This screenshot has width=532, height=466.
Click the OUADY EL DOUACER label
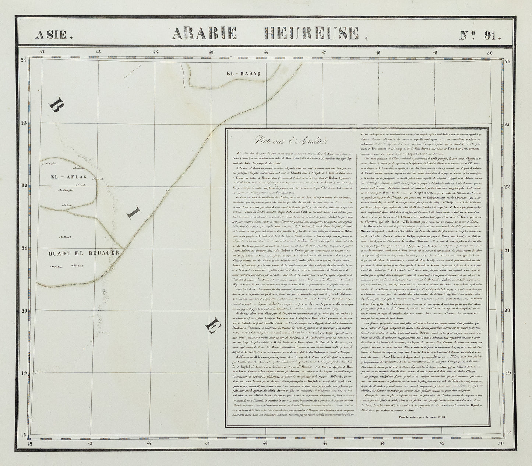84,253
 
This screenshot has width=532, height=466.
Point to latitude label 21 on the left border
24,248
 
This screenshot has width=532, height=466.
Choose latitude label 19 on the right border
507,373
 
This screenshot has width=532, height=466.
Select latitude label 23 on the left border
24,123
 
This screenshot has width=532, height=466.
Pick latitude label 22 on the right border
507,187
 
